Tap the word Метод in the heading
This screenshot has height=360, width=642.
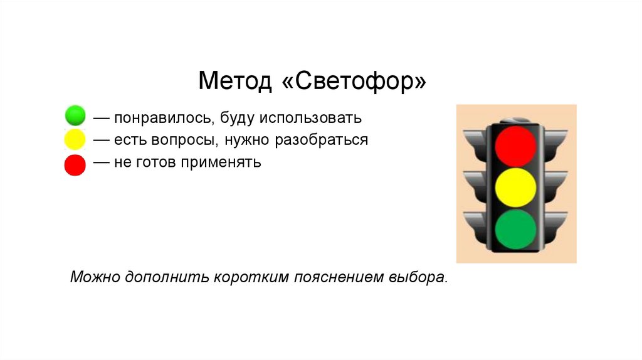pyautogui.click(x=235, y=80)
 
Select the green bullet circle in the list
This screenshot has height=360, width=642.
pyautogui.click(x=75, y=115)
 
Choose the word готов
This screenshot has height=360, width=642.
pyautogui.click(x=156, y=163)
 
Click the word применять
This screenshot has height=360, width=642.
pyautogui.click(x=221, y=163)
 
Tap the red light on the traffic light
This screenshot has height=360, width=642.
pyautogui.click(x=515, y=146)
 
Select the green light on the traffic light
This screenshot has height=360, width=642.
pyautogui.click(x=515, y=230)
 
